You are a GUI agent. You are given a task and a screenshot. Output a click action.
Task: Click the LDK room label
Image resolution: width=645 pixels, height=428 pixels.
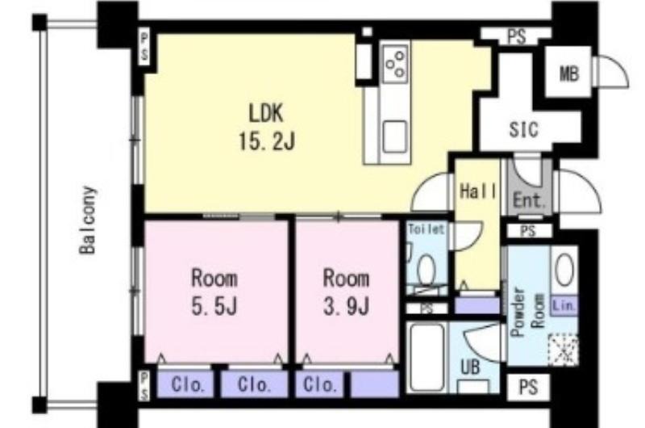[266, 113]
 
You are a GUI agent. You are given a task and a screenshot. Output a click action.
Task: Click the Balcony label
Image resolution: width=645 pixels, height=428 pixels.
[88, 220]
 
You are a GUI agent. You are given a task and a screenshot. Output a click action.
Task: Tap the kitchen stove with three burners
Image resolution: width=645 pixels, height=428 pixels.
[395, 63]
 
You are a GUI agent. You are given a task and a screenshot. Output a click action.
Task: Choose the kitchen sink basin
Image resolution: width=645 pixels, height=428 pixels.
[395, 136]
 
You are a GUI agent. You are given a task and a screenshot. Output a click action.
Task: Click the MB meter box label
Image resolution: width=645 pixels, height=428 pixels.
[569, 74]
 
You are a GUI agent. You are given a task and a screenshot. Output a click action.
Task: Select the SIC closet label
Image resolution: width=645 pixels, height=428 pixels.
[523, 129]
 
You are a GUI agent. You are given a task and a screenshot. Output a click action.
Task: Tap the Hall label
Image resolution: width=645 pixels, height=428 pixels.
[477, 191]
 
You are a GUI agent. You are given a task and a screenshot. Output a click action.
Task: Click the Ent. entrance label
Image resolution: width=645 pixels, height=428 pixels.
[530, 200]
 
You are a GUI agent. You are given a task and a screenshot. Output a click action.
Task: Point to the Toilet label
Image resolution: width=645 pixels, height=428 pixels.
[427, 229]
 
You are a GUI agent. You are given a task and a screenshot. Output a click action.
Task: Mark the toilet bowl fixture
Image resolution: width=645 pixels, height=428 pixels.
[427, 270]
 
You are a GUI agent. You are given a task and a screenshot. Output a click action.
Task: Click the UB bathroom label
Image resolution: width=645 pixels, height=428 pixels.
[470, 367]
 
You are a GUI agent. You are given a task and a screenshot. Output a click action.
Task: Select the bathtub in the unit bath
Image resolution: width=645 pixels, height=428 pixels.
[427, 357]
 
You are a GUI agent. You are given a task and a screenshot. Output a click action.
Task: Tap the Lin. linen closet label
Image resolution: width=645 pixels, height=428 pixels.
[564, 305]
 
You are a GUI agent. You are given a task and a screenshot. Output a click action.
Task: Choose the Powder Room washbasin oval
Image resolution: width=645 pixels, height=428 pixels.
[565, 270]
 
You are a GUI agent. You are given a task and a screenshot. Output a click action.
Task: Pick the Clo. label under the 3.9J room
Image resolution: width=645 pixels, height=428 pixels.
[319, 385]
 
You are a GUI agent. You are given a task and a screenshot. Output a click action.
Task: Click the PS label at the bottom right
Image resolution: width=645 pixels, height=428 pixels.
[528, 387]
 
